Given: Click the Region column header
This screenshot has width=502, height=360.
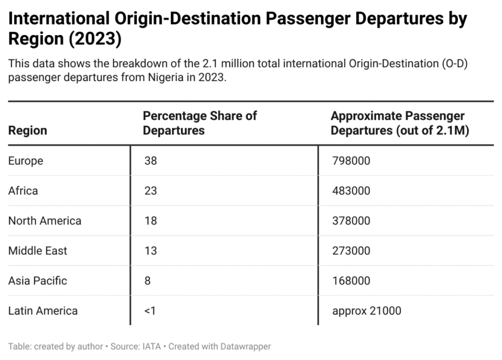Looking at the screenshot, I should tap(27, 130).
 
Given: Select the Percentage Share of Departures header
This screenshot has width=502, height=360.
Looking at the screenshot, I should tap(200, 123).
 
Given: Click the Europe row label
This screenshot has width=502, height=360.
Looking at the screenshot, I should tap(25, 161).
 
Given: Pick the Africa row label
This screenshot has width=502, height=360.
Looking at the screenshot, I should tap(23, 191).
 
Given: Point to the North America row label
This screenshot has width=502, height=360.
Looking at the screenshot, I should tap(45, 221).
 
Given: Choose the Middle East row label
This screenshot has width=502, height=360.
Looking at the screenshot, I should tap(38, 251).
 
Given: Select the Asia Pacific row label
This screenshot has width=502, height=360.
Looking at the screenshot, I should tap(38, 281).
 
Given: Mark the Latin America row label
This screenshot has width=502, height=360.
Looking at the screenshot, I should tap(43, 310).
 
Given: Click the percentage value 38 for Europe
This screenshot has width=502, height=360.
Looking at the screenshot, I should tap(151, 161).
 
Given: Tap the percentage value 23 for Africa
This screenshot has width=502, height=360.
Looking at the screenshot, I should tap(151, 191).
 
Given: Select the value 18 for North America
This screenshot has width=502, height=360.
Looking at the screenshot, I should tap(151, 221).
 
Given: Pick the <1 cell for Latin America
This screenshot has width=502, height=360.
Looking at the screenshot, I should tap(150, 310).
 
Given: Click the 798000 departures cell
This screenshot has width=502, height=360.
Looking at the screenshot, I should tap(351, 161).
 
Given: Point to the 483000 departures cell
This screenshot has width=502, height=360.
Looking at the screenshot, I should tap(351, 191).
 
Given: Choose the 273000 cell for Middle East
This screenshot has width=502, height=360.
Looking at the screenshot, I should tap(351, 251).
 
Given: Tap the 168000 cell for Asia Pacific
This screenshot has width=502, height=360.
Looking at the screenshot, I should tap(351, 281).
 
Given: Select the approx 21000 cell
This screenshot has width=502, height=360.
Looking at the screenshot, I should tap(366, 310).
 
